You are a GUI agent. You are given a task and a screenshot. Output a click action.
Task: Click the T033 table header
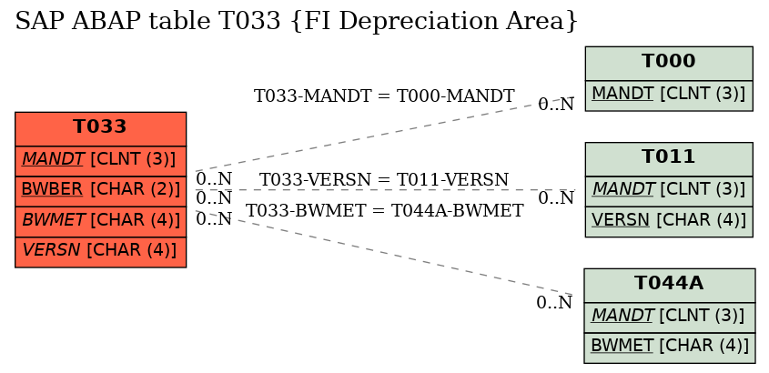pyautogui.click(x=100, y=129)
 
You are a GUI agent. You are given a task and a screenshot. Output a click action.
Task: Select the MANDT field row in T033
pyautogui.click(x=100, y=161)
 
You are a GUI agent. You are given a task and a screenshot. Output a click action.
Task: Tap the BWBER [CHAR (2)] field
pyautogui.click(x=100, y=191)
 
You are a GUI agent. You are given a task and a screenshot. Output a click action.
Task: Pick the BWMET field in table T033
pyautogui.click(x=100, y=222)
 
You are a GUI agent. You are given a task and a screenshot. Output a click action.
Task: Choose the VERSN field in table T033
pyautogui.click(x=100, y=252)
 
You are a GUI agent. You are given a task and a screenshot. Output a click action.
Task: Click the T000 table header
pyautogui.click(x=669, y=64)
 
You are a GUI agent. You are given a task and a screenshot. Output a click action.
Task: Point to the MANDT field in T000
pyautogui.click(x=669, y=96)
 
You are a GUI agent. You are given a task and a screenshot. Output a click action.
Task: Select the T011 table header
pyautogui.click(x=669, y=159)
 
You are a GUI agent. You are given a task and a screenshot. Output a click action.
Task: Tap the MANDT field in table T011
pyautogui.click(x=669, y=191)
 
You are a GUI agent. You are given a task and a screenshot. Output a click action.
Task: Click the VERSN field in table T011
pyautogui.click(x=669, y=222)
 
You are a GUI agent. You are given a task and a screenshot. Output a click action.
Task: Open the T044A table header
pyautogui.click(x=670, y=286)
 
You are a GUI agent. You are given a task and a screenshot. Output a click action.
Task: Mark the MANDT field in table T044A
pyautogui.click(x=670, y=318)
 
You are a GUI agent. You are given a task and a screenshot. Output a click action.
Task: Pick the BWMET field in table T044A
pyautogui.click(x=670, y=348)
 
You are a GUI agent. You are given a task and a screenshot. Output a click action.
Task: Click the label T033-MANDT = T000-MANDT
pyautogui.click(x=384, y=96)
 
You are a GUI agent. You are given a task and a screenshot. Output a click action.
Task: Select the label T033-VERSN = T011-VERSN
pyautogui.click(x=384, y=180)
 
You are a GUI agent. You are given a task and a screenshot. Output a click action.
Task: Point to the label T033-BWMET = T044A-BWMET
pyautogui.click(x=384, y=211)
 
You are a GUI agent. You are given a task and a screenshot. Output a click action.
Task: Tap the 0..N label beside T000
pyautogui.click(x=556, y=104)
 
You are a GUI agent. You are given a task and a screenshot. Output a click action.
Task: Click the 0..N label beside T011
pyautogui.click(x=556, y=198)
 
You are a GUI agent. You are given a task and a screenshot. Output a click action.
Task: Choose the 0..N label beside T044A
pyautogui.click(x=554, y=303)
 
